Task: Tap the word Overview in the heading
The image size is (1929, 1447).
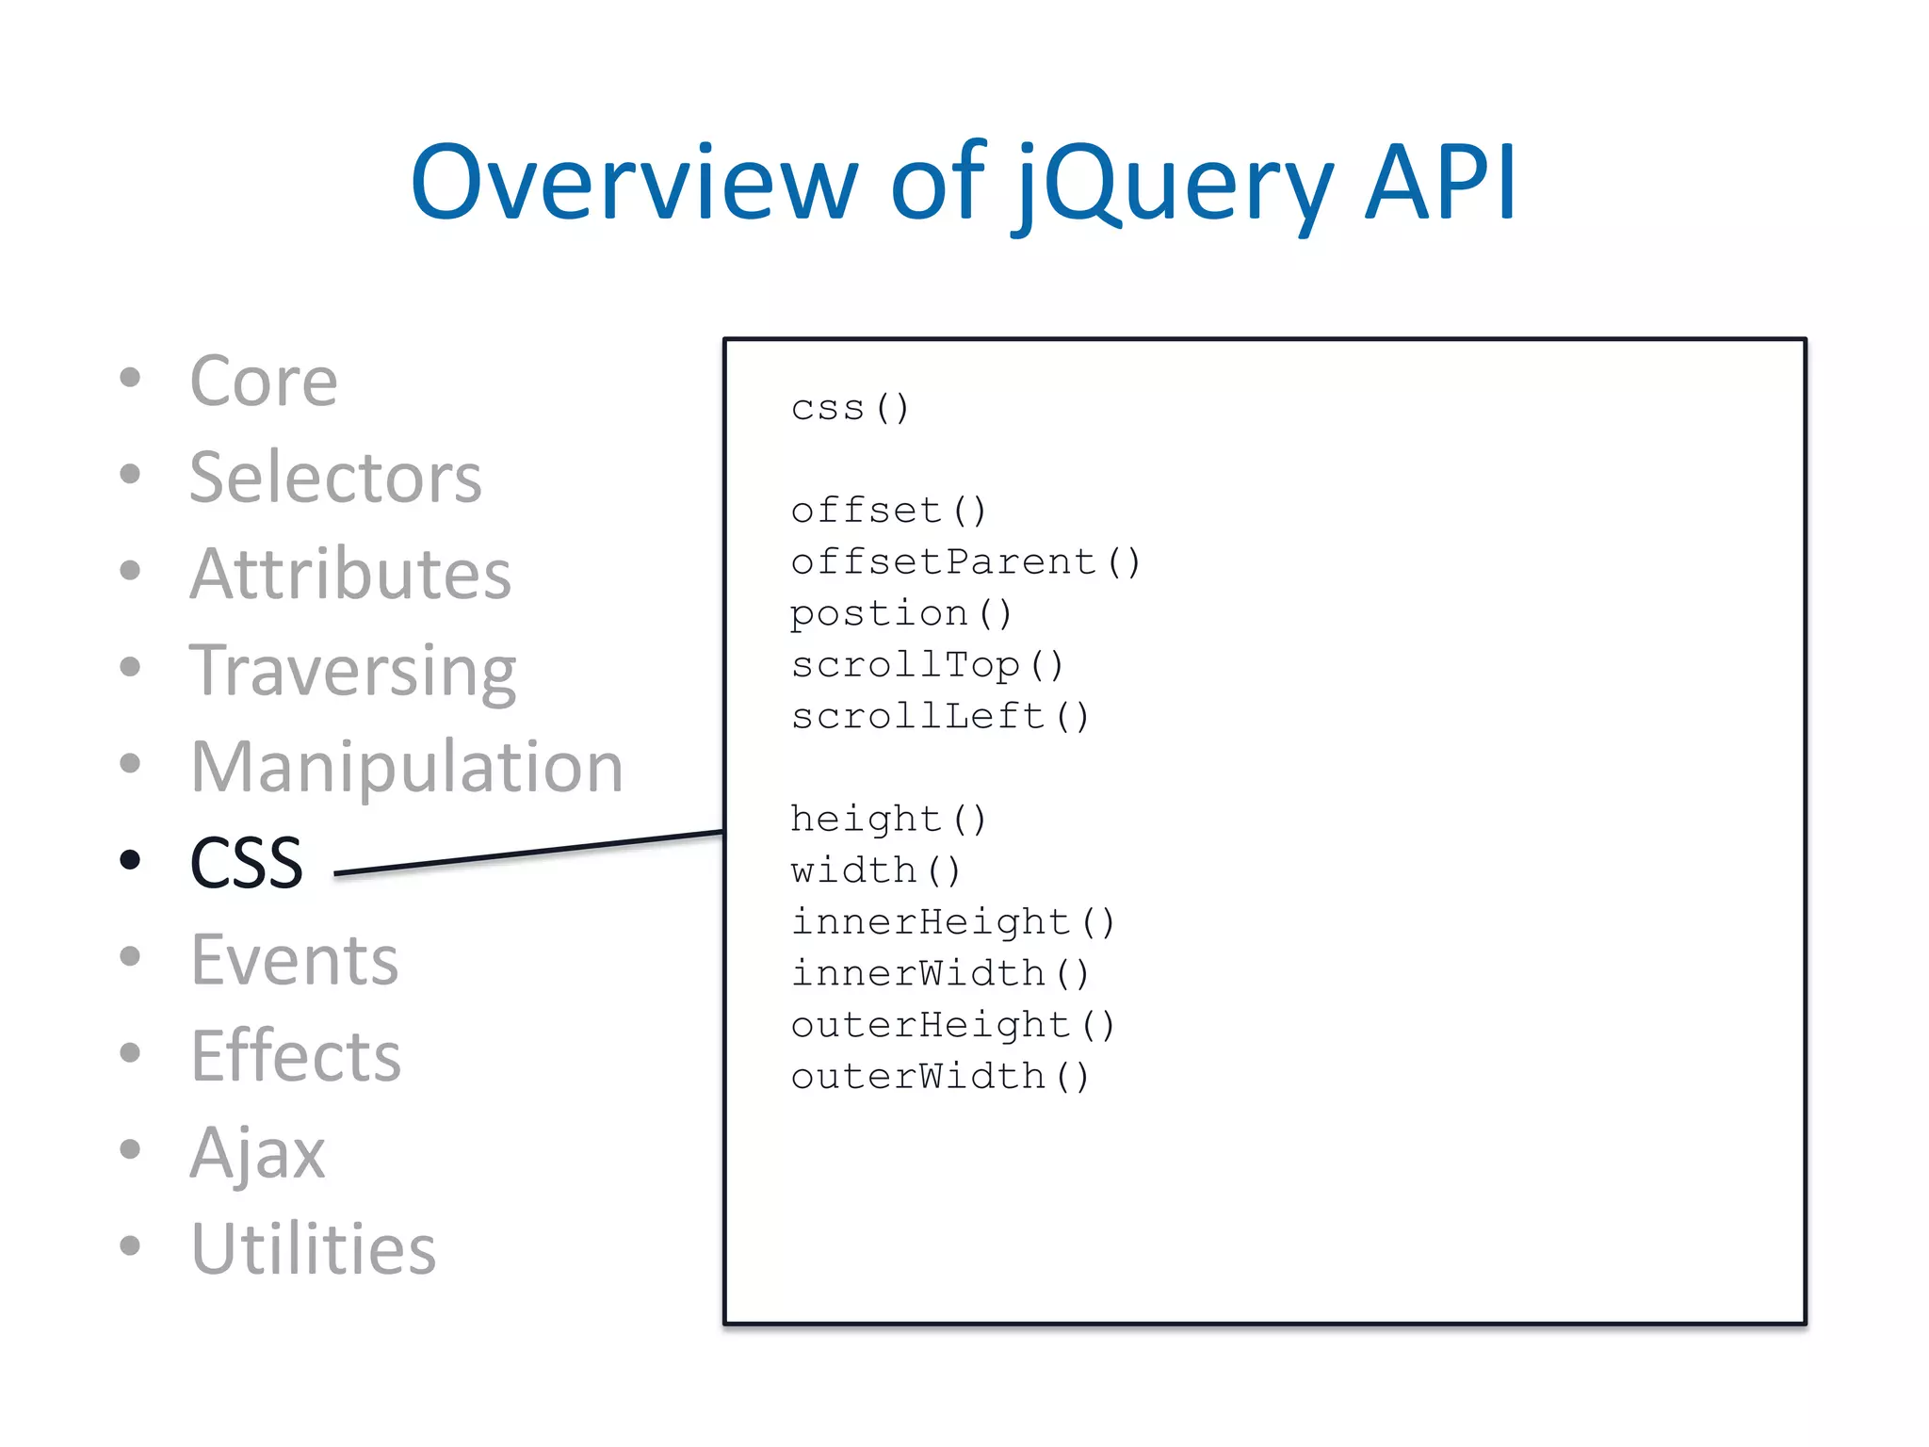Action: point(634,184)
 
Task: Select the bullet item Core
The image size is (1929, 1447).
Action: point(264,382)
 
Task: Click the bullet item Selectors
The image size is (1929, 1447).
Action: point(335,478)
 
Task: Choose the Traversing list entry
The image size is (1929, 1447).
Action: point(352,671)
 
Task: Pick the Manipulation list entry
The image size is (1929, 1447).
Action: point(406,767)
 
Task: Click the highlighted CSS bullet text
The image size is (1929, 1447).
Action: point(247,863)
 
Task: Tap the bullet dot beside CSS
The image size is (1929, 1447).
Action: point(130,859)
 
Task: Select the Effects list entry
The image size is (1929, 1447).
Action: point(296,1056)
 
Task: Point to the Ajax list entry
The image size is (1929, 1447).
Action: point(257,1153)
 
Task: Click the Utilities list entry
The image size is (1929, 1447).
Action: point(313,1249)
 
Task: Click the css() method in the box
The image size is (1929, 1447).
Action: point(850,408)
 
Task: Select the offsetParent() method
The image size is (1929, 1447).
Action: point(965,562)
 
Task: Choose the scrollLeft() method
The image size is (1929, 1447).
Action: point(940,717)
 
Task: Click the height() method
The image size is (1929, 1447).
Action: point(888,819)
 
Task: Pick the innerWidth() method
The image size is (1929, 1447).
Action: point(940,973)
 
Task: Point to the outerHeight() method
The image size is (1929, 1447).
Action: point(952,1025)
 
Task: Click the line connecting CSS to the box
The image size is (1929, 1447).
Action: point(527,854)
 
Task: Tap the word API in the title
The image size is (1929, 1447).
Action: point(1440,184)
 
